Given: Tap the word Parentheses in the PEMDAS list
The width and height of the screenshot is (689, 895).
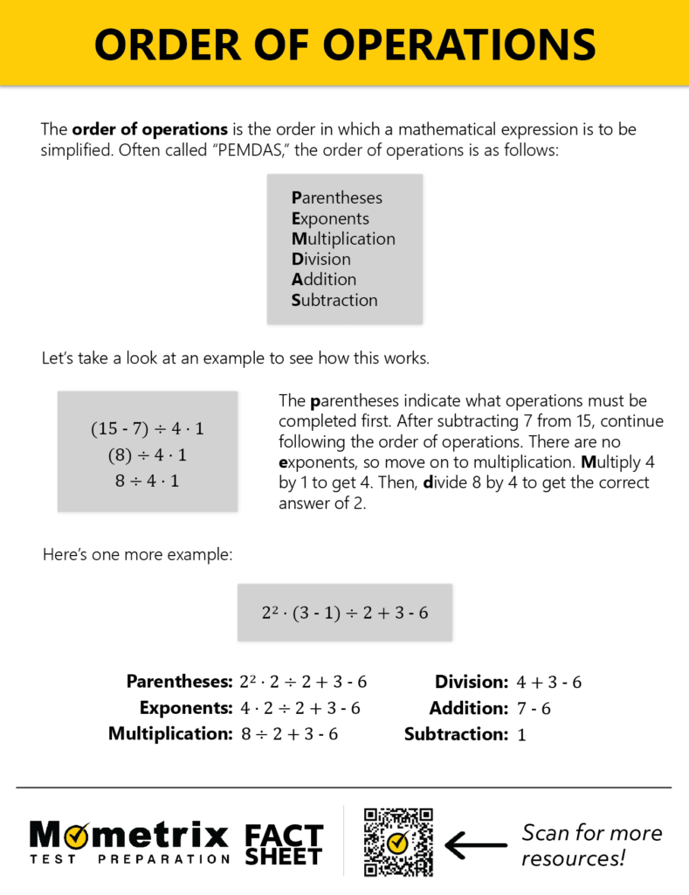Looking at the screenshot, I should pyautogui.click(x=337, y=198).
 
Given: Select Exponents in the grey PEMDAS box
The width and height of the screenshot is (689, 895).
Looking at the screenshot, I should pyautogui.click(x=330, y=219).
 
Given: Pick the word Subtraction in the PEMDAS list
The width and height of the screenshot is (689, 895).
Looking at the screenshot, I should pyautogui.click(x=334, y=300).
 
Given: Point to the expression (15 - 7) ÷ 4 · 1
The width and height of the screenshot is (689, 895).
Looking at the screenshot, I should pyautogui.click(x=148, y=429).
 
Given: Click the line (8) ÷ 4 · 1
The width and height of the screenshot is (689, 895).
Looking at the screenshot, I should pyautogui.click(x=148, y=455).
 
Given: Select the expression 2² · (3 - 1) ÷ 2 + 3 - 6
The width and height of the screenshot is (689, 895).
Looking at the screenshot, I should pyautogui.click(x=345, y=613).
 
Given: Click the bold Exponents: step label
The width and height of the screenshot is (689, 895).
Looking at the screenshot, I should pyautogui.click(x=185, y=708).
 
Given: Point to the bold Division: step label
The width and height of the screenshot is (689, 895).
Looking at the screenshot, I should pyautogui.click(x=472, y=682).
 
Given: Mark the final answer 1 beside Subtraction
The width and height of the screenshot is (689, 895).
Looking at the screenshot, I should pyautogui.click(x=521, y=735).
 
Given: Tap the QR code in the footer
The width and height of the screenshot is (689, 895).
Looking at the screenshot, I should pyautogui.click(x=398, y=843).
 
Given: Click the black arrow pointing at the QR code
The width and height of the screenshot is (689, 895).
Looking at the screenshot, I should pyautogui.click(x=475, y=844).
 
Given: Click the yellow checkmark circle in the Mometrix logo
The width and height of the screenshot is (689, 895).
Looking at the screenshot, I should pyautogui.click(x=75, y=836).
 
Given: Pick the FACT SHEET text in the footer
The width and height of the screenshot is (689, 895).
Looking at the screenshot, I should pyautogui.click(x=283, y=844).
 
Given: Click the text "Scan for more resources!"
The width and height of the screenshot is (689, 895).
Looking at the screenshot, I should pyautogui.click(x=591, y=845).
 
